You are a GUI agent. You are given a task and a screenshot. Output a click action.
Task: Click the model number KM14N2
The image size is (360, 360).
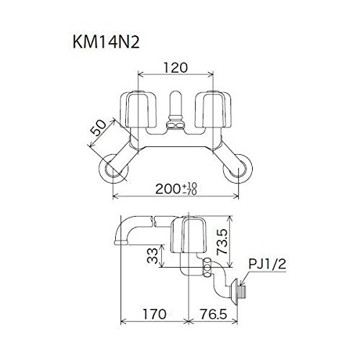[x=106, y=42]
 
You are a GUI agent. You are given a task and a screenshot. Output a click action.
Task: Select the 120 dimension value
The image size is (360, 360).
[x=176, y=68]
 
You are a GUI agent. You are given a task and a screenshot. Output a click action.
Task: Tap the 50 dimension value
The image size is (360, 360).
[x=98, y=127]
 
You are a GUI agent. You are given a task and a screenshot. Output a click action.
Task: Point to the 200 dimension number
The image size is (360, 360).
[x=168, y=189]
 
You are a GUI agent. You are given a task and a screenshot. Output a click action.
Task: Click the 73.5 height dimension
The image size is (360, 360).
[x=222, y=242]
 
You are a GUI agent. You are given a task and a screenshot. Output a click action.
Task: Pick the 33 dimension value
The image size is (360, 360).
[x=153, y=256]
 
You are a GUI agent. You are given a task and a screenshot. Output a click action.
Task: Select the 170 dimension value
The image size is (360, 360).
[x=154, y=314]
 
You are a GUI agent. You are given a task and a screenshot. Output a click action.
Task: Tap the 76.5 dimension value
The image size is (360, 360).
[x=214, y=314]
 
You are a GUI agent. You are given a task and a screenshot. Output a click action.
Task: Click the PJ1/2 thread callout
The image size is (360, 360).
[x=267, y=264]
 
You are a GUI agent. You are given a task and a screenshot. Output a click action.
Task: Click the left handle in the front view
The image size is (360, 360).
[x=138, y=109]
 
